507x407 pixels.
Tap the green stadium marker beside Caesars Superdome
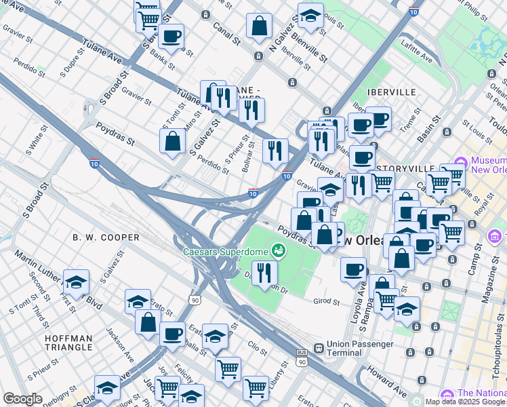pyautogui.click(x=277, y=252)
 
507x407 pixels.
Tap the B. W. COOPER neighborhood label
pyautogui.click(x=106, y=237)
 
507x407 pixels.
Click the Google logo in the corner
pyautogui.click(x=22, y=399)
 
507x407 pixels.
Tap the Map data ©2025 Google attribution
pyautogui.click(x=465, y=402)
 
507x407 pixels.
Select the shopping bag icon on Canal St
pyautogui.click(x=259, y=26)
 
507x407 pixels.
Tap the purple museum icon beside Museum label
pyautogui.click(x=461, y=163)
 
